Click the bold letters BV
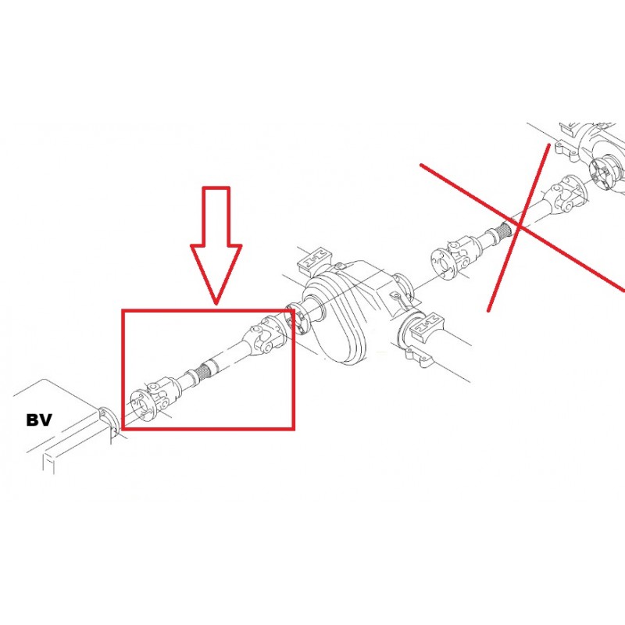(x=39, y=420)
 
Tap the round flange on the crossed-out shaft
(x=442, y=261)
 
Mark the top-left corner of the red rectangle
(x=123, y=310)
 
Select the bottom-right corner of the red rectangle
(x=293, y=428)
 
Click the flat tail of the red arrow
(x=216, y=188)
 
